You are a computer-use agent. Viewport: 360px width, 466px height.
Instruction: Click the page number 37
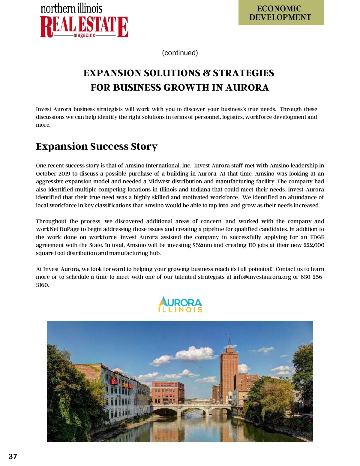pos(13,456)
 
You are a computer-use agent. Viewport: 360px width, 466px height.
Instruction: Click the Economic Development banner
pos(281,13)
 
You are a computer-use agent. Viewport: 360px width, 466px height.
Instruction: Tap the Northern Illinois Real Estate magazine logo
pos(84,21)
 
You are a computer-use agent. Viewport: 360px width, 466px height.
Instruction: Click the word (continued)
pos(180,53)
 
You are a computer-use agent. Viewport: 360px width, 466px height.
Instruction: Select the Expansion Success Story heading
pos(97,146)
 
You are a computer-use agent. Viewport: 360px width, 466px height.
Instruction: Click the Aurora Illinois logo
pos(180,305)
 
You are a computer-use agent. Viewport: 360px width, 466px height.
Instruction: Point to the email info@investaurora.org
pos(262,277)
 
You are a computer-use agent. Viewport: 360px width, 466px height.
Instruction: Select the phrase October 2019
pos(53,174)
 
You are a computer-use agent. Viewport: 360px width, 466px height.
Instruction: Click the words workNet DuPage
pos(61,229)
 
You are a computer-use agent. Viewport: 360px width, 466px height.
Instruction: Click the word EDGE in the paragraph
pos(317,237)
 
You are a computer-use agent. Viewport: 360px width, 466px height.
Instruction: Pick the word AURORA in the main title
pos(247,88)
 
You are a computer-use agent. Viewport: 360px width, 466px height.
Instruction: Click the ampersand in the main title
pos(206,73)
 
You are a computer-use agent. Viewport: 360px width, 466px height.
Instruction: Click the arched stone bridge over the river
pos(192,408)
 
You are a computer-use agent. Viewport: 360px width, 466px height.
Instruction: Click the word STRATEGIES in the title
pos(243,73)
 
